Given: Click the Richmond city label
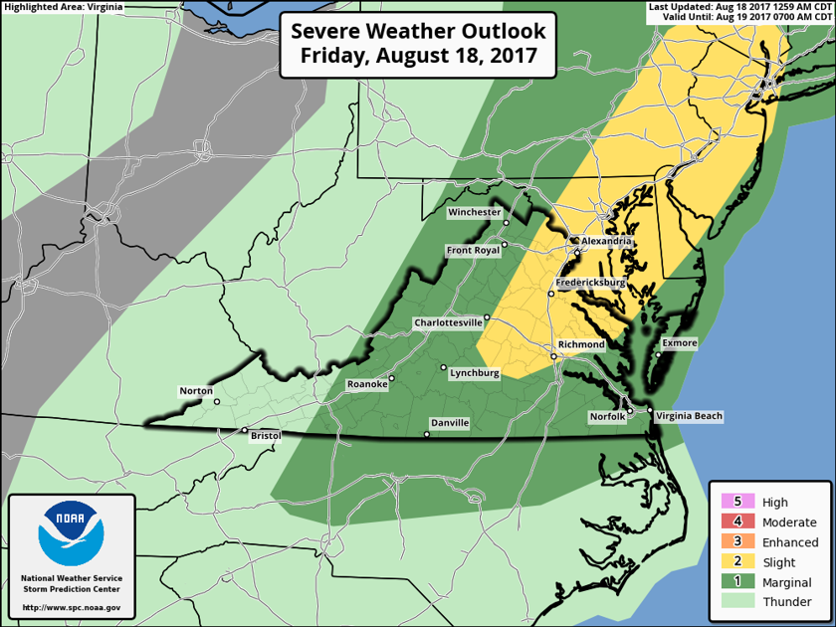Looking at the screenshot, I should pos(582,344).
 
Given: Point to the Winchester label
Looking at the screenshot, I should pos(474,212).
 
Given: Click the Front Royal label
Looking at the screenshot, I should pos(472,250).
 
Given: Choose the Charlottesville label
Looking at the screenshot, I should pos(448,322).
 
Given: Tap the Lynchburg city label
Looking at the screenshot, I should pos(474,372).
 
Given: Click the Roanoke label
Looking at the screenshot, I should pos(365,384).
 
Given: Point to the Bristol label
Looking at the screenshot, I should pos(266,436).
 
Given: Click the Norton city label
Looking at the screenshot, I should pos(196,390).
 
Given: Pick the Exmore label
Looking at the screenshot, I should pos(679,343).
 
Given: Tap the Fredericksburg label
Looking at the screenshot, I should pos(590,283).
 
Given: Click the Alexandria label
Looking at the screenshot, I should pos(606,241).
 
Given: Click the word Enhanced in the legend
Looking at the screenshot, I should pos(790,542).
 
